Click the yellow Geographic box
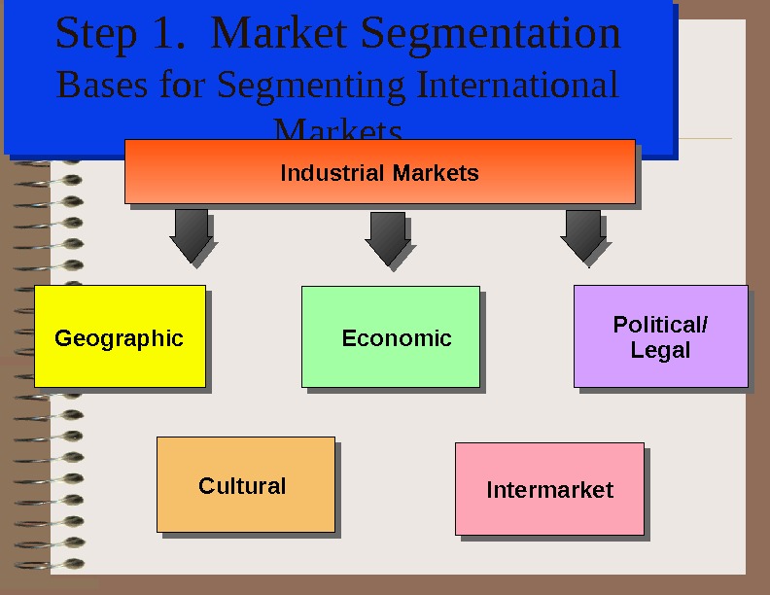(120, 336)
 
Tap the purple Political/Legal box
(660, 336)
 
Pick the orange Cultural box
(245, 484)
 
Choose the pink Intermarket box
(549, 489)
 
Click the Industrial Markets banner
(379, 172)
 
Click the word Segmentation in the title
(491, 33)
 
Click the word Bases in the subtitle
(101, 85)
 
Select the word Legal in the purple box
(660, 350)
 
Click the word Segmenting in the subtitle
(310, 87)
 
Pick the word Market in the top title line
(280, 33)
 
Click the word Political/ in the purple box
(660, 325)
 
